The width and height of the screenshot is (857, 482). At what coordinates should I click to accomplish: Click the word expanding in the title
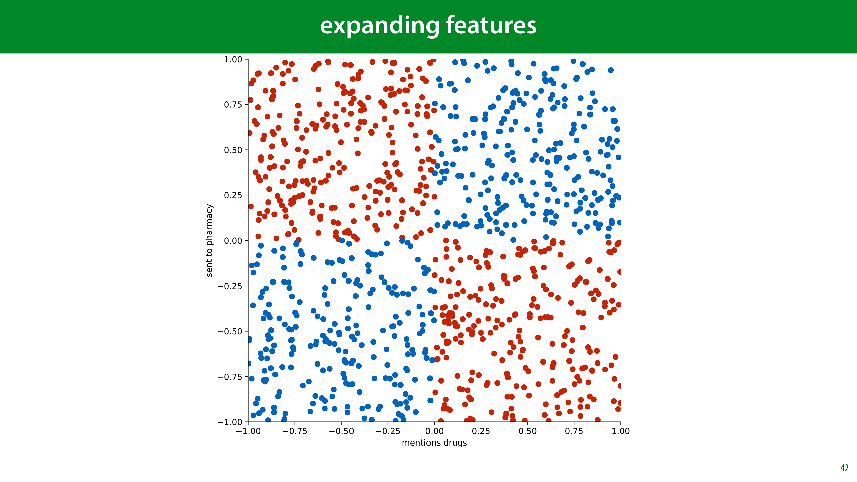(380, 26)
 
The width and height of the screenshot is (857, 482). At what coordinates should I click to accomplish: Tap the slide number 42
(844, 468)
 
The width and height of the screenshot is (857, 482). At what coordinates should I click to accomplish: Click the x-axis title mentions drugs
(434, 443)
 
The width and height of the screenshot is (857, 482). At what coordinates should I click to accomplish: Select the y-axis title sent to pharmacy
(209, 240)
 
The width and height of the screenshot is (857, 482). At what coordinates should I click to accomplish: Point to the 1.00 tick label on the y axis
(233, 60)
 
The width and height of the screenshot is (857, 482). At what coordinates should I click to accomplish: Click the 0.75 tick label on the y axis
(233, 105)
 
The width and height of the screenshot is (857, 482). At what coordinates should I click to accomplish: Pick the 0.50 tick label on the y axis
(233, 150)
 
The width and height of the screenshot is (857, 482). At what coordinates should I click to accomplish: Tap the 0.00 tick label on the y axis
(233, 241)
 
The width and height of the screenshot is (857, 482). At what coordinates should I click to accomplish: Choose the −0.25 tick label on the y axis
(230, 286)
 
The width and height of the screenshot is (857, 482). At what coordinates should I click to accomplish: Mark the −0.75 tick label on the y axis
(230, 377)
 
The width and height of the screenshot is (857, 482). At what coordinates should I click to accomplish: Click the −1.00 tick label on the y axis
(230, 422)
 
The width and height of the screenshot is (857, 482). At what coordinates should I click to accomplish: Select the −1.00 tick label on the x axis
(248, 431)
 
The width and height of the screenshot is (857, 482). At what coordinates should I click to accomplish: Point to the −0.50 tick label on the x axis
(341, 431)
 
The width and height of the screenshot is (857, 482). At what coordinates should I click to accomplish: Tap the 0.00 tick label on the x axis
(435, 431)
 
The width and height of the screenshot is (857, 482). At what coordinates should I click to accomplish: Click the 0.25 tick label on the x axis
(481, 431)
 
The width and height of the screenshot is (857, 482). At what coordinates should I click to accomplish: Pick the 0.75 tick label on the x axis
(574, 431)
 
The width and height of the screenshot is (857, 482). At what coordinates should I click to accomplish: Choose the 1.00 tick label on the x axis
(621, 431)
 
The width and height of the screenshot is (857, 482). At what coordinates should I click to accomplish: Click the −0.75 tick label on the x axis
(295, 431)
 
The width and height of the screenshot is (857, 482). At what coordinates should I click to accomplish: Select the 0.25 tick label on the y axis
(233, 195)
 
